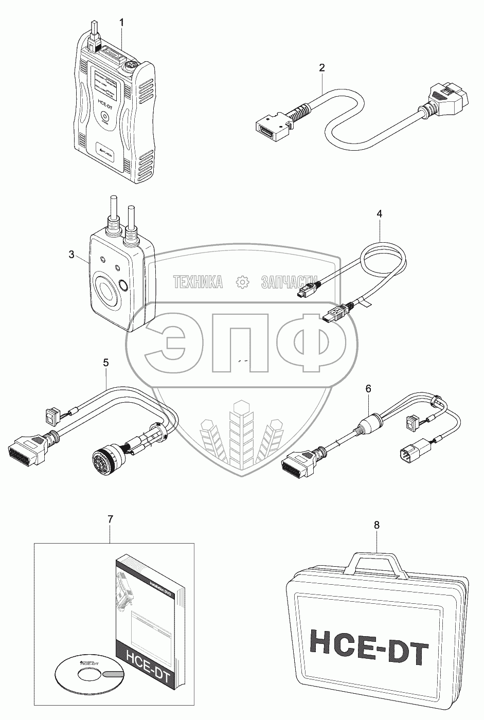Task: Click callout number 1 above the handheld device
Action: pos(121,22)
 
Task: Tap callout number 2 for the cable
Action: pos(322,67)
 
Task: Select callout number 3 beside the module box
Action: pos(72,255)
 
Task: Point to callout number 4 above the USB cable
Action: pos(380,213)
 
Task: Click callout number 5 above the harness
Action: pos(106,363)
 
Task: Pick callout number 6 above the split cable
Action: pos(368,389)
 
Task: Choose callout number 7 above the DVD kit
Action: pos(110,519)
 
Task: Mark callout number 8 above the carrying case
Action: pos(377,525)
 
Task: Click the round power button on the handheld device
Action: pos(106,117)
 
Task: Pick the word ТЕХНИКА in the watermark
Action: pos(198,282)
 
